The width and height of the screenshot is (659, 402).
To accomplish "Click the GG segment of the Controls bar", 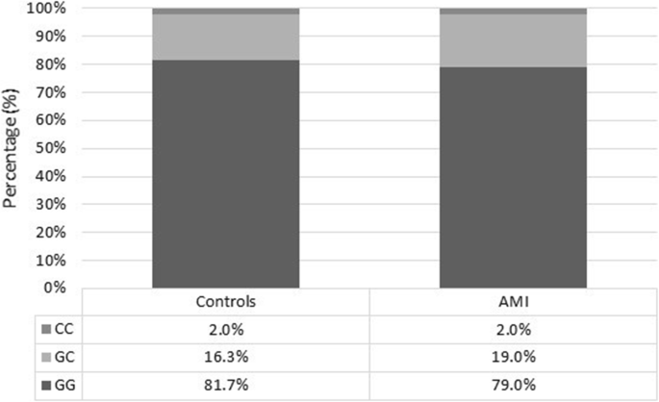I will click(x=226, y=173).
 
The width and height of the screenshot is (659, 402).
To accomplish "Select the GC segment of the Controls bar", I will click(x=226, y=37).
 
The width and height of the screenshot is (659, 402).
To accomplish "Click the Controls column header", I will click(x=226, y=301).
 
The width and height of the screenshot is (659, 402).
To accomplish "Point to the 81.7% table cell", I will click(x=226, y=386).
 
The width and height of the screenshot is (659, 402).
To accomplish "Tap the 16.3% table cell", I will click(x=226, y=357).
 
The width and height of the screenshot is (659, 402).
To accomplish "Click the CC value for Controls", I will click(x=226, y=329).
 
